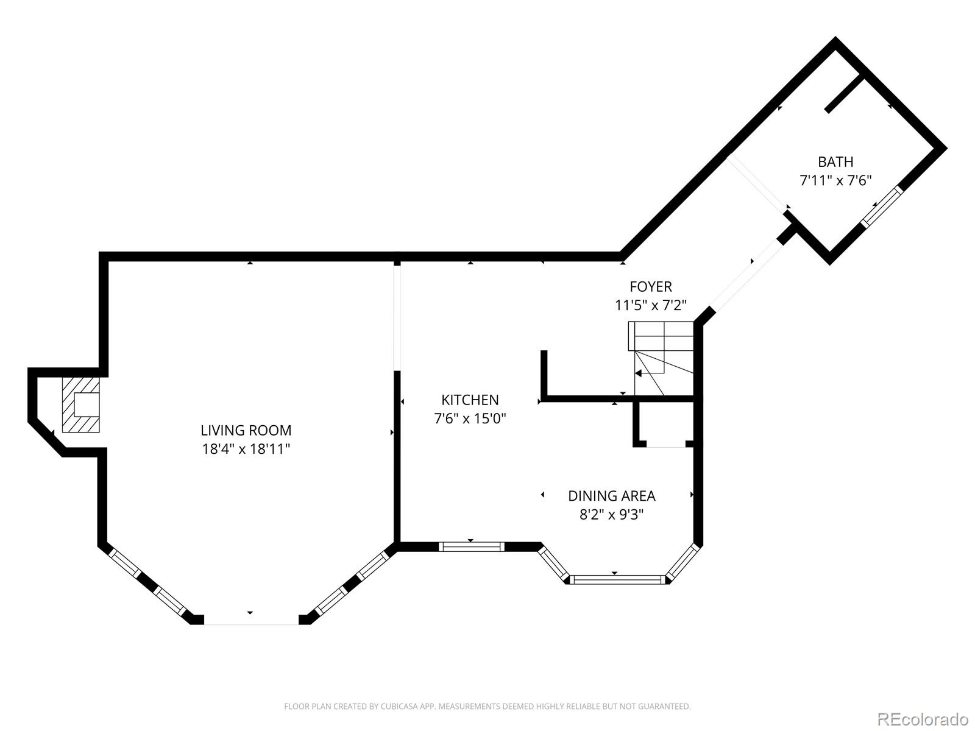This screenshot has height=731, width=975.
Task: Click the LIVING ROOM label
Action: point(246,430)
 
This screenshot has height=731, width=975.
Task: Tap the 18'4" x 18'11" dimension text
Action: point(246,450)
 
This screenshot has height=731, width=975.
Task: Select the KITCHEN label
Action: point(470,400)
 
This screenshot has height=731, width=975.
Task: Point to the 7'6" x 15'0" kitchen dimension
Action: point(470,419)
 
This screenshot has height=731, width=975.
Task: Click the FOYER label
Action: point(651,286)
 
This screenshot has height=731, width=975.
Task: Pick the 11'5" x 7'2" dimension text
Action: point(651,305)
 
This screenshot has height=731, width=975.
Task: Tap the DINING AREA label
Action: point(611,496)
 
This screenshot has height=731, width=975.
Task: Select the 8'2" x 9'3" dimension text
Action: point(611,515)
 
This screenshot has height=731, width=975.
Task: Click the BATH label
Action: point(835,161)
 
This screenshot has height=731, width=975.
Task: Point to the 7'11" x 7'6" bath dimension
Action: point(835,181)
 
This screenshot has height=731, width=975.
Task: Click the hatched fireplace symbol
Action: point(80,404)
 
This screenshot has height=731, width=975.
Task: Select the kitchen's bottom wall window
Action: point(472,546)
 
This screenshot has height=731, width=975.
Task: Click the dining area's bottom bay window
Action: point(617,579)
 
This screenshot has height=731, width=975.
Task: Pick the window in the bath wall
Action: point(882,207)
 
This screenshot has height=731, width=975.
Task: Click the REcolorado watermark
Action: point(923,719)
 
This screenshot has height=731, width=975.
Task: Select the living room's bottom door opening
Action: point(251,620)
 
